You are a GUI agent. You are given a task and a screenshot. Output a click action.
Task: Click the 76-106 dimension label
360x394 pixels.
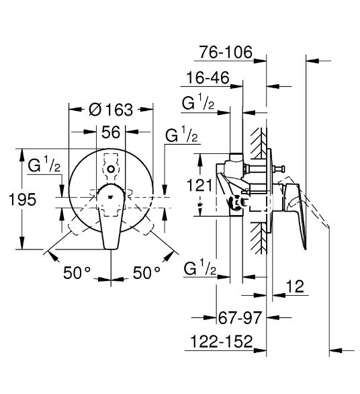click(226, 52)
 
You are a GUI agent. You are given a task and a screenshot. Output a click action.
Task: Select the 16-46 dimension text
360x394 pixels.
click(208, 77)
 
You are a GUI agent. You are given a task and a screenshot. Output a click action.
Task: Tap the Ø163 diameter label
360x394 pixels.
click(111, 110)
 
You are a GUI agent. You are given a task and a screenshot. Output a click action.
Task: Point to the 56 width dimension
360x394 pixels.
click(111, 132)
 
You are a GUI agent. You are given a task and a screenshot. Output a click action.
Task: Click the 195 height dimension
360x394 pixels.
click(23, 200)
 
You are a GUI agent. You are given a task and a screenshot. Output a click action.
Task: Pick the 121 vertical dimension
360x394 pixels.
click(199, 186)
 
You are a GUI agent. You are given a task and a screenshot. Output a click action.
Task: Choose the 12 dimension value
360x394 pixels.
click(296, 286)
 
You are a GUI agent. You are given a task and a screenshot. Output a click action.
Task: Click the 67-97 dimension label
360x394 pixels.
click(240, 317)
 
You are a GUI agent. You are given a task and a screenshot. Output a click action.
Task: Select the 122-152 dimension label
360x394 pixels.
click(222, 342)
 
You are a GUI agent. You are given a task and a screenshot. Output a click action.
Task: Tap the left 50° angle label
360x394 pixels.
click(77, 273)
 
